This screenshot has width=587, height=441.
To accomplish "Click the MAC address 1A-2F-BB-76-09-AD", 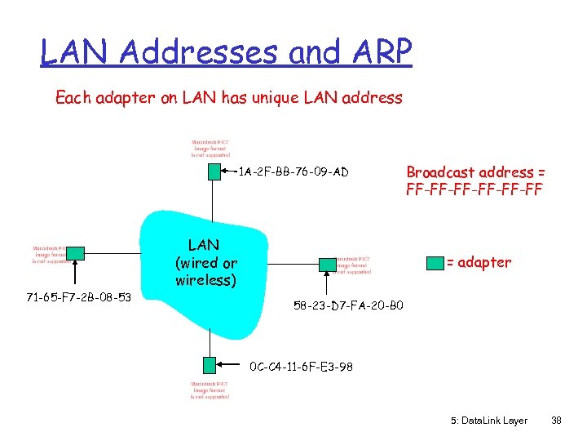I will click(x=294, y=171).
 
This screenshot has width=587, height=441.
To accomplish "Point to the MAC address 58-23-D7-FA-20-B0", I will click(x=348, y=306).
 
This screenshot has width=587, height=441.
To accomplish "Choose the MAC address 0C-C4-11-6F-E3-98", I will click(x=302, y=367).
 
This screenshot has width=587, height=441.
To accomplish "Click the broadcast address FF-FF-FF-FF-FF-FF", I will click(x=474, y=189).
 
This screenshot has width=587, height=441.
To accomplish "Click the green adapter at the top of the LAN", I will click(x=214, y=171).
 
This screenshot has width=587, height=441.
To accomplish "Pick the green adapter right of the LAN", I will click(x=327, y=264).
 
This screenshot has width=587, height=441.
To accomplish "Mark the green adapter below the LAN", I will click(x=210, y=365).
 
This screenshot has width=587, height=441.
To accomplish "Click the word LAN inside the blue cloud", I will click(x=203, y=244).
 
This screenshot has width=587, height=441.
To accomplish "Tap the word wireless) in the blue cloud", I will click(x=205, y=280).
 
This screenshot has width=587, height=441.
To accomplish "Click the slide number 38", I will click(x=556, y=421).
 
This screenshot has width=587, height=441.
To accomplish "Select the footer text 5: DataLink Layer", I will click(x=488, y=421).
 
